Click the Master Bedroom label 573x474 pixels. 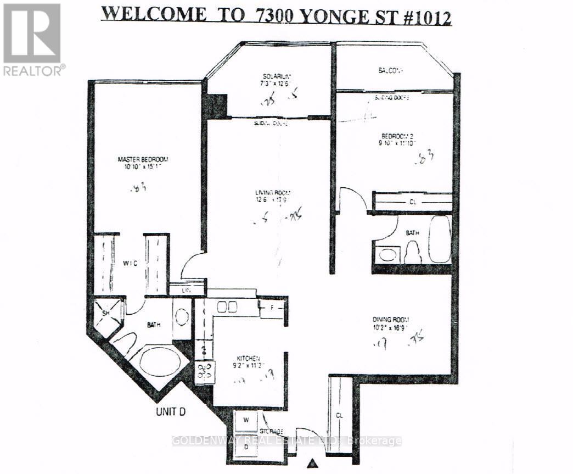(143, 159)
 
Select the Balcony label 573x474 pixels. (390, 70)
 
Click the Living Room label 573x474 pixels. (272, 193)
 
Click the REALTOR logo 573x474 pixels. (32, 38)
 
